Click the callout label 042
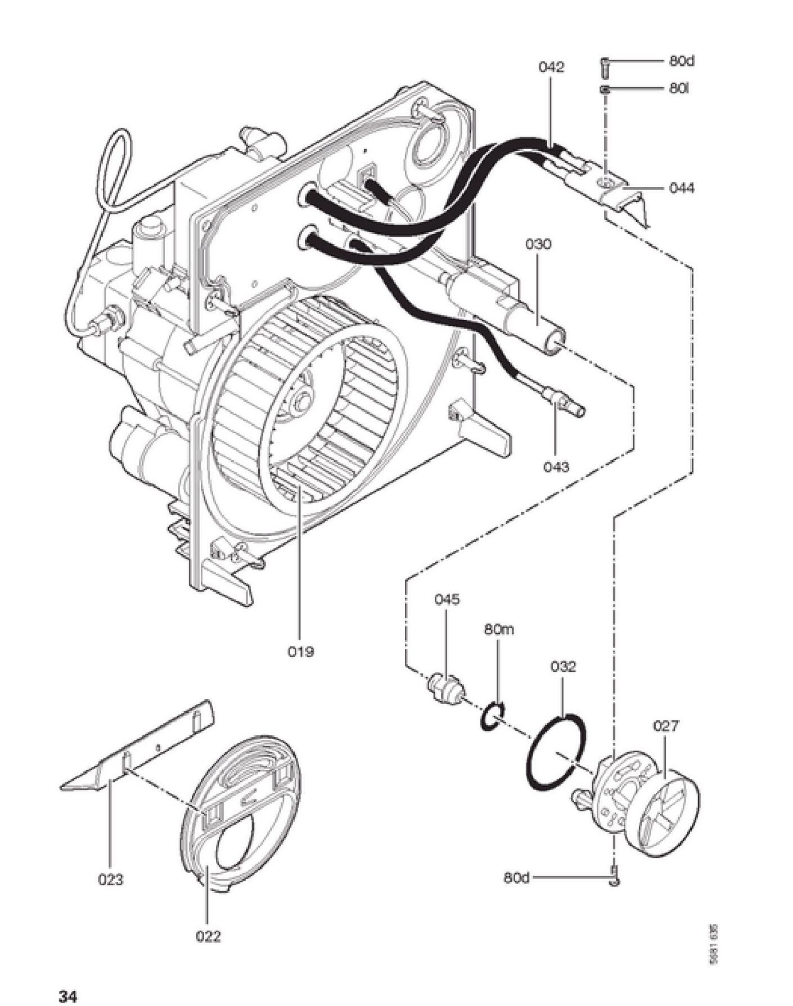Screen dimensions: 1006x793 coord(551,68)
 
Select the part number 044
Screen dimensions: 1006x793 coord(682,188)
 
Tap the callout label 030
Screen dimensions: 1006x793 coord(538,244)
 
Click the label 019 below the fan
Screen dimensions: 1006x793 coord(300,652)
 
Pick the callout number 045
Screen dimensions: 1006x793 coord(447,599)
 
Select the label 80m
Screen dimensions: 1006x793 coord(499,629)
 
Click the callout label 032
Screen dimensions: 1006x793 coord(563,667)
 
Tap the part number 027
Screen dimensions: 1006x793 coord(666,726)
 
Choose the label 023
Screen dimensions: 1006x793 coord(110,879)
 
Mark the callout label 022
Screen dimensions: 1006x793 coord(208,937)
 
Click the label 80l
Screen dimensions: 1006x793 coord(679,89)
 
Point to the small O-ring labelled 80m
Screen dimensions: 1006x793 coord(493,717)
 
